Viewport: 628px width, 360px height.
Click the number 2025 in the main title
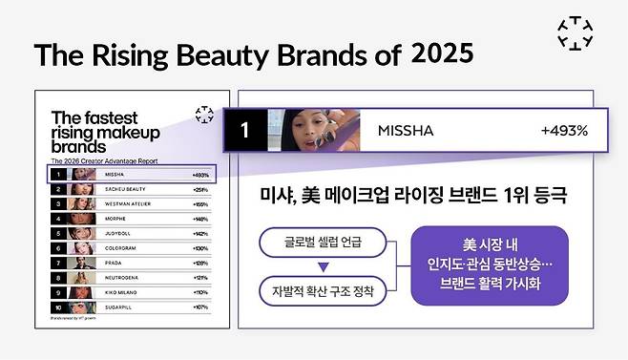[x=442, y=53]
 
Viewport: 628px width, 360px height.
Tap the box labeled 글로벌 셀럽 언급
[x=323, y=244]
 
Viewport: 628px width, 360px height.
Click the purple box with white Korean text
[x=490, y=265]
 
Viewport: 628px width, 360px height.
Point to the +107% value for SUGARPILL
[x=200, y=307]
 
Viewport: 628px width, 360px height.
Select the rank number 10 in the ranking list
[x=59, y=307]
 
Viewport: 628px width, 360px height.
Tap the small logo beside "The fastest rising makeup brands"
[x=202, y=115]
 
